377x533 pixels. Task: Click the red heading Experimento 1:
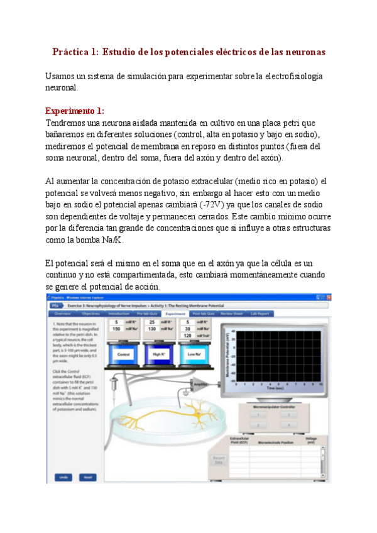75,111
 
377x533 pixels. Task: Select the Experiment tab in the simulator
175,313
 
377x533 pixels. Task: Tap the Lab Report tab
260,313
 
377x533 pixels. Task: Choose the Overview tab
62,313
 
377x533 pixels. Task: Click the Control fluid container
123,353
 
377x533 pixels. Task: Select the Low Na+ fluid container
193,353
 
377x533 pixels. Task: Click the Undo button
63,477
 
